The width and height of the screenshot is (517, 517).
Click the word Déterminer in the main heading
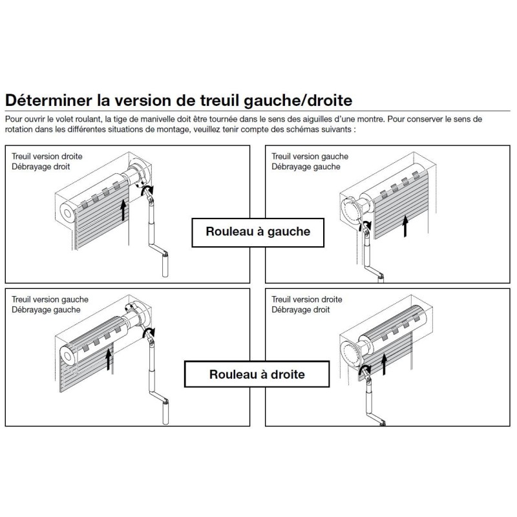tap(46, 101)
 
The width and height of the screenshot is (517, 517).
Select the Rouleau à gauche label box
tap(258, 232)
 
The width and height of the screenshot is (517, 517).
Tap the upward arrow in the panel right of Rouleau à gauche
tap(405, 226)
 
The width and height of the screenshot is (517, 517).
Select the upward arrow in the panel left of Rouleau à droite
tap(109, 358)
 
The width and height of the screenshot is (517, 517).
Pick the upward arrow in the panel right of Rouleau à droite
tap(386, 365)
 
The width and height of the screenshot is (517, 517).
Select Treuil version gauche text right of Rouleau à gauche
tap(310, 156)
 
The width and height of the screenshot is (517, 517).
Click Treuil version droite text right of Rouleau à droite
tap(307, 300)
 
